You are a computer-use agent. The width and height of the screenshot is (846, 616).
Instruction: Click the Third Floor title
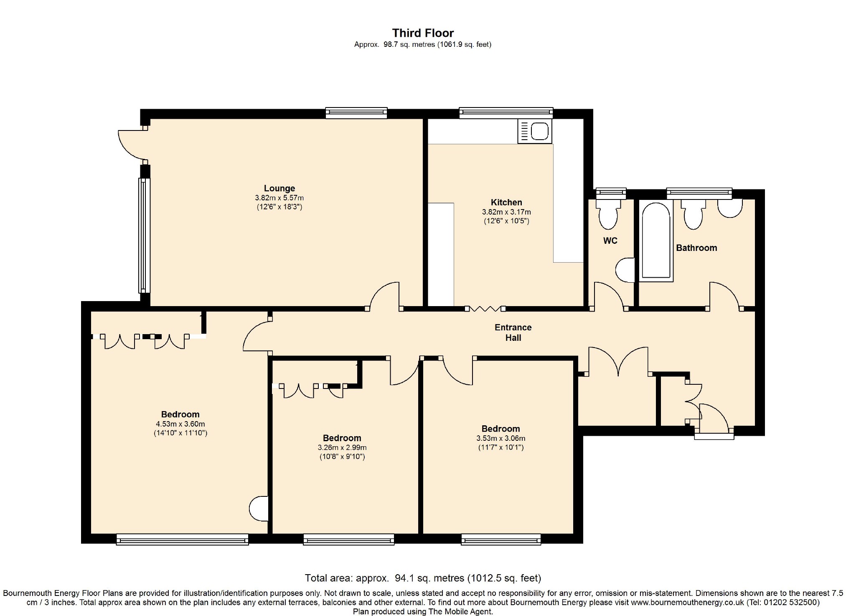click(423, 33)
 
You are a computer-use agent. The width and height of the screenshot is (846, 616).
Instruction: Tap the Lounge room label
click(279, 188)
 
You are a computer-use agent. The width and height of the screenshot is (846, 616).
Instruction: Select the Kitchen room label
click(506, 202)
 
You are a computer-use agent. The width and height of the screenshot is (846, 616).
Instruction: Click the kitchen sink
click(535, 131)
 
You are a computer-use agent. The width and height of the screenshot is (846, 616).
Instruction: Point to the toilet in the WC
click(608, 214)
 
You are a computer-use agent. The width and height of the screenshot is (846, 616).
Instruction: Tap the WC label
click(610, 241)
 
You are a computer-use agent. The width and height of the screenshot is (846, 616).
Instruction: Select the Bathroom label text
click(696, 248)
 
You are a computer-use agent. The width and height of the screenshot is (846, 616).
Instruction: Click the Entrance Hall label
click(513, 332)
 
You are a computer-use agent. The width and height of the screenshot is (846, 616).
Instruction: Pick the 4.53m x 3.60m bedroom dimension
click(180, 424)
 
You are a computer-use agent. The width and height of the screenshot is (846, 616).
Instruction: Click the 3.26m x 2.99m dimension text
click(342, 447)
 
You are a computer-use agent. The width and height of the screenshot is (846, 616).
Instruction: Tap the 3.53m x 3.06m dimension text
click(501, 438)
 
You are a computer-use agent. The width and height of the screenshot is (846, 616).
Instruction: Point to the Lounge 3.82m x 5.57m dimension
click(279, 198)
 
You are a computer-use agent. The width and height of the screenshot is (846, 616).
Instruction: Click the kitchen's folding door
click(485, 309)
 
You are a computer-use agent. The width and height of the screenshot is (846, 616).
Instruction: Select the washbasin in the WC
click(625, 270)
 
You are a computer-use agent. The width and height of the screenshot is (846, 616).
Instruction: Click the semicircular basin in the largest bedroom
click(259, 509)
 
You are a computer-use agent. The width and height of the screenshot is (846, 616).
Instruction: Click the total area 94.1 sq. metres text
click(423, 578)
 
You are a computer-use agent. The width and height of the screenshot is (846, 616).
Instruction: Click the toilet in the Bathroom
click(693, 214)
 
